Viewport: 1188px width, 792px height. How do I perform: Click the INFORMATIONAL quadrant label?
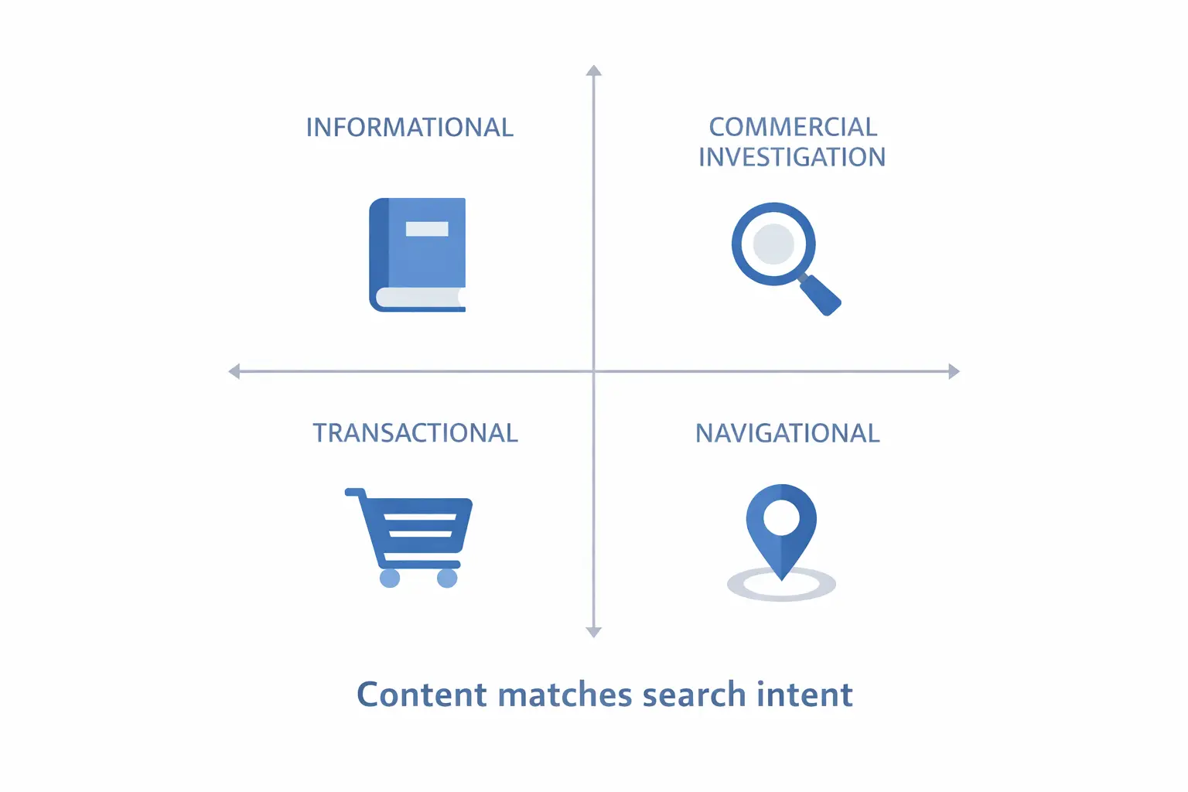click(409, 128)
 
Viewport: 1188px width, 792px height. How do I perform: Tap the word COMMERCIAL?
click(793, 127)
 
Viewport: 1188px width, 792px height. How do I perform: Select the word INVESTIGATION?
click(791, 157)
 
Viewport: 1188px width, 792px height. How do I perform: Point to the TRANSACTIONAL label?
click(415, 433)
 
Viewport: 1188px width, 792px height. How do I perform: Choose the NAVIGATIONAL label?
click(787, 433)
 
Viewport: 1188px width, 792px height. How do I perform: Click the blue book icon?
click(418, 255)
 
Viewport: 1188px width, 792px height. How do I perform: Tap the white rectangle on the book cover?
click(427, 229)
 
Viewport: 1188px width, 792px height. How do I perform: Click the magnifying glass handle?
click(821, 295)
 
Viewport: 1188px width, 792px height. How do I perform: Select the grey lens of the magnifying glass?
click(773, 244)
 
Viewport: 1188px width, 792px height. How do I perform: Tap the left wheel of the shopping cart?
click(390, 578)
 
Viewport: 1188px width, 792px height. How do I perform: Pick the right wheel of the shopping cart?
click(447, 578)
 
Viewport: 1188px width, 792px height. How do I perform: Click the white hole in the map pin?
click(781, 517)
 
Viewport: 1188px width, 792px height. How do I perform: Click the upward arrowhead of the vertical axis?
click(594, 71)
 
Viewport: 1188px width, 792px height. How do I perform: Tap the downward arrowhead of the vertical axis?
click(594, 632)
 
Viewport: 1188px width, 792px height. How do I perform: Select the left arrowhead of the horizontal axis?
click(234, 371)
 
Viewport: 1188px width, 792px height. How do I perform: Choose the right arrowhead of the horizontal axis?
click(954, 371)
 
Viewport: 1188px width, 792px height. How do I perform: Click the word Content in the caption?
click(422, 695)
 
